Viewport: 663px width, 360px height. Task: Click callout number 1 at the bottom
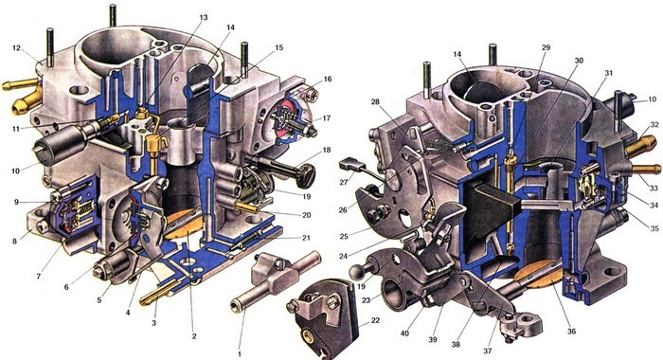[x=240, y=353]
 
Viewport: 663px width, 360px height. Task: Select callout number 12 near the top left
[x=16, y=48]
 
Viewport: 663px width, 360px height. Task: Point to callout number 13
[x=204, y=18]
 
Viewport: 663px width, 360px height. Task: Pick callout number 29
[x=546, y=47]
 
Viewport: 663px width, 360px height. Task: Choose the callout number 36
[x=572, y=332]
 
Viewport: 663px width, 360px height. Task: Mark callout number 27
[x=343, y=182]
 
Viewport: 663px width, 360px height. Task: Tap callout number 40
[x=404, y=333]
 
